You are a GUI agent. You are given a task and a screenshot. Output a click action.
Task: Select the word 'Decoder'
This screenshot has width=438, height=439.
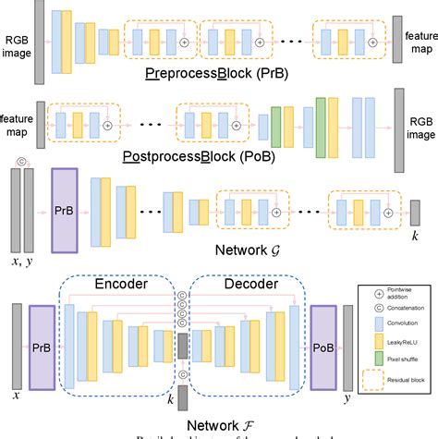click(242, 286)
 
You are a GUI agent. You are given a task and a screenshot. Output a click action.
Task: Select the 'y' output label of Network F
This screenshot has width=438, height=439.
click(347, 396)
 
